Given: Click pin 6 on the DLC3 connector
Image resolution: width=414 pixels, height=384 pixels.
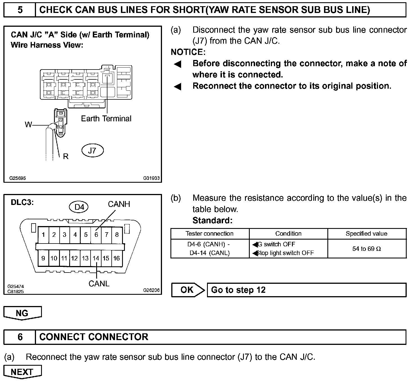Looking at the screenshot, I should (x=96, y=235).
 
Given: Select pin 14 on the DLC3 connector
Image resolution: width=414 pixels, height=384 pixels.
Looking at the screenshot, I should (x=96, y=258).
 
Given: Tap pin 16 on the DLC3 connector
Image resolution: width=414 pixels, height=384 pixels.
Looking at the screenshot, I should (x=117, y=258).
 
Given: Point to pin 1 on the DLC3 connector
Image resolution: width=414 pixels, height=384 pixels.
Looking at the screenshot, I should (x=43, y=235).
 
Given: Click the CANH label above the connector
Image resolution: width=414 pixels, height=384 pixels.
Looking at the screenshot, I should (x=119, y=204).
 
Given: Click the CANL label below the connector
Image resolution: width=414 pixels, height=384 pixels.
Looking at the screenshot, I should (x=99, y=283).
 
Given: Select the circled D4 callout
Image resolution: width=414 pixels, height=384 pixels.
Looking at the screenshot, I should (x=79, y=207).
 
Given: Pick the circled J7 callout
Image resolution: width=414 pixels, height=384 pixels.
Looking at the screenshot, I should (x=92, y=151).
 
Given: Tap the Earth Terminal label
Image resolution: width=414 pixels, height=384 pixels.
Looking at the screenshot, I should (x=106, y=119).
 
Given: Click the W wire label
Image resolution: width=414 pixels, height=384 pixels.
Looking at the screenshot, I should (x=28, y=124).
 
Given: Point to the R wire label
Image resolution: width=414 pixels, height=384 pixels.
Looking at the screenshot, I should (x=66, y=156).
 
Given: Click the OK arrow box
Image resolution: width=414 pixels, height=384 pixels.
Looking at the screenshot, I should (x=187, y=290).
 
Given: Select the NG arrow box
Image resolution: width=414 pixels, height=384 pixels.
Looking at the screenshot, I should (x=22, y=313).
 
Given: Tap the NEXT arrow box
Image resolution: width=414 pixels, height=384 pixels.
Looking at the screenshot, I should (x=22, y=372).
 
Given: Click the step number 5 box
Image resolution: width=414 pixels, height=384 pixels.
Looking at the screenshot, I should (x=20, y=10).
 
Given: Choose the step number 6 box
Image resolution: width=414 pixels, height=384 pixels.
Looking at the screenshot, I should (x=20, y=337).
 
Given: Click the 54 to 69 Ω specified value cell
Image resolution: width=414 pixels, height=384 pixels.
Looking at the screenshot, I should (x=366, y=249).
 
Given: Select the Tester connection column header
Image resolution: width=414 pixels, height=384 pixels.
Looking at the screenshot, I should (x=210, y=234).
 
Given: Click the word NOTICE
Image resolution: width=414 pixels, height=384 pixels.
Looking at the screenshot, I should (x=188, y=52).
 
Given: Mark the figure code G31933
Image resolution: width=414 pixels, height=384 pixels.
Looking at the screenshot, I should (x=151, y=178).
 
